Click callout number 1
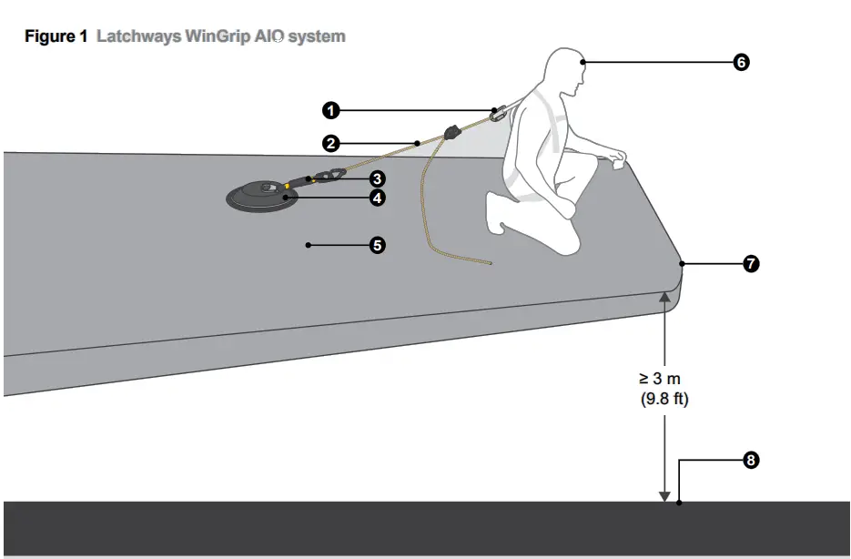tap(331, 110)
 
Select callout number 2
tap(331, 143)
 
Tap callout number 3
tap(376, 179)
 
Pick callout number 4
tap(376, 197)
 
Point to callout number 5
tap(376, 245)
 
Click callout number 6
tap(741, 62)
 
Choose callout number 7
tap(751, 264)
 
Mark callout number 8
tap(751, 461)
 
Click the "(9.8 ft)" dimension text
tap(664, 399)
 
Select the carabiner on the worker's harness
tap(498, 115)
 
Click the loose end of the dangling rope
tap(489, 264)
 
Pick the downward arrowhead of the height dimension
tap(664, 496)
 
